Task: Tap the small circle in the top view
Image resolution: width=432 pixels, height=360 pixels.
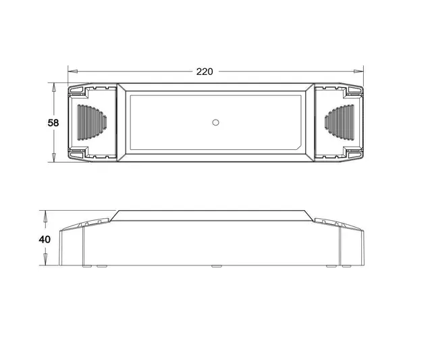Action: (215, 123)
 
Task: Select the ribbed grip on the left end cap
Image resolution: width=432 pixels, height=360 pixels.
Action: (91, 123)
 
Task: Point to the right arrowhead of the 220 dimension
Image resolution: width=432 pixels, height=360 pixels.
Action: (360, 70)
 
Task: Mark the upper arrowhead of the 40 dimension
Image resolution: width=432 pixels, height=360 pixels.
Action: (45, 214)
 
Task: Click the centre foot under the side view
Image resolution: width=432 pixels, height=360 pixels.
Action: (215, 266)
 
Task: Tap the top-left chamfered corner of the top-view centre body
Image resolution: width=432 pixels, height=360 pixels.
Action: (122, 88)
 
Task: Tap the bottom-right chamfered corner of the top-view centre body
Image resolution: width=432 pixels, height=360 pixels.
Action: (308, 157)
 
